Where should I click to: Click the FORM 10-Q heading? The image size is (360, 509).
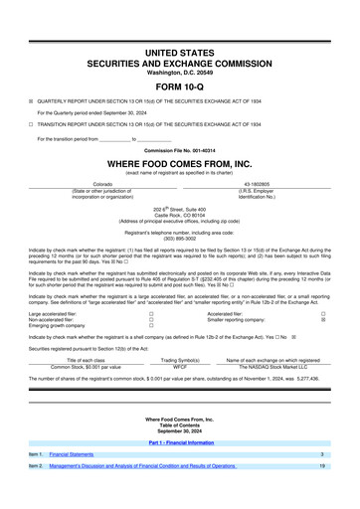coord(179,85)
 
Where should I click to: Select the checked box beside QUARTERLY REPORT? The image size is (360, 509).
coord(31,100)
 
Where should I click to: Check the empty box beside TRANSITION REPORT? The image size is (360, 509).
coord(31,125)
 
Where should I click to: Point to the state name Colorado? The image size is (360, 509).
coord(102,185)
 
